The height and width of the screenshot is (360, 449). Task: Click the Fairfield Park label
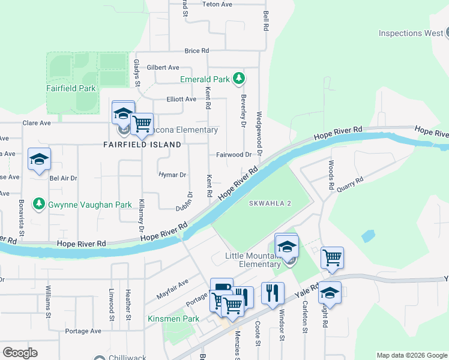pyautogui.click(x=71, y=88)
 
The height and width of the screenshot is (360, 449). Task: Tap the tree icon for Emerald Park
pyautogui.click(x=240, y=79)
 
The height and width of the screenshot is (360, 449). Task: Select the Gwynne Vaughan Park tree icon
pyautogui.click(x=39, y=205)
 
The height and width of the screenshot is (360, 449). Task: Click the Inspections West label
pyautogui.click(x=411, y=33)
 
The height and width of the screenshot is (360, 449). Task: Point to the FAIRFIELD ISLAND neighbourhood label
pyautogui.click(x=142, y=145)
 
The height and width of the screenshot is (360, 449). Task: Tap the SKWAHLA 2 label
pyautogui.click(x=270, y=203)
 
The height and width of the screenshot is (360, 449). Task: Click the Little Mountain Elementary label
pyautogui.click(x=252, y=260)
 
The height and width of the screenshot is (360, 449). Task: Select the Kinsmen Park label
pyautogui.click(x=173, y=319)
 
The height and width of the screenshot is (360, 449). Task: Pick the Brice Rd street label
pyautogui.click(x=196, y=51)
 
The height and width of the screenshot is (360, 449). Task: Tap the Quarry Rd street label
pyautogui.click(x=351, y=182)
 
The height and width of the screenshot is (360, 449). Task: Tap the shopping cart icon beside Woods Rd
pyautogui.click(x=332, y=257)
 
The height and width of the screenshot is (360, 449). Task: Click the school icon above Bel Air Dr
pyautogui.click(x=39, y=159)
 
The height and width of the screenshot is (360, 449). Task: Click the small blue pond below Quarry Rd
pyautogui.click(x=369, y=236)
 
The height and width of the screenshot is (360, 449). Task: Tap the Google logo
pyautogui.click(x=20, y=352)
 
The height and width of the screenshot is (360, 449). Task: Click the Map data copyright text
pyautogui.click(x=411, y=355)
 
